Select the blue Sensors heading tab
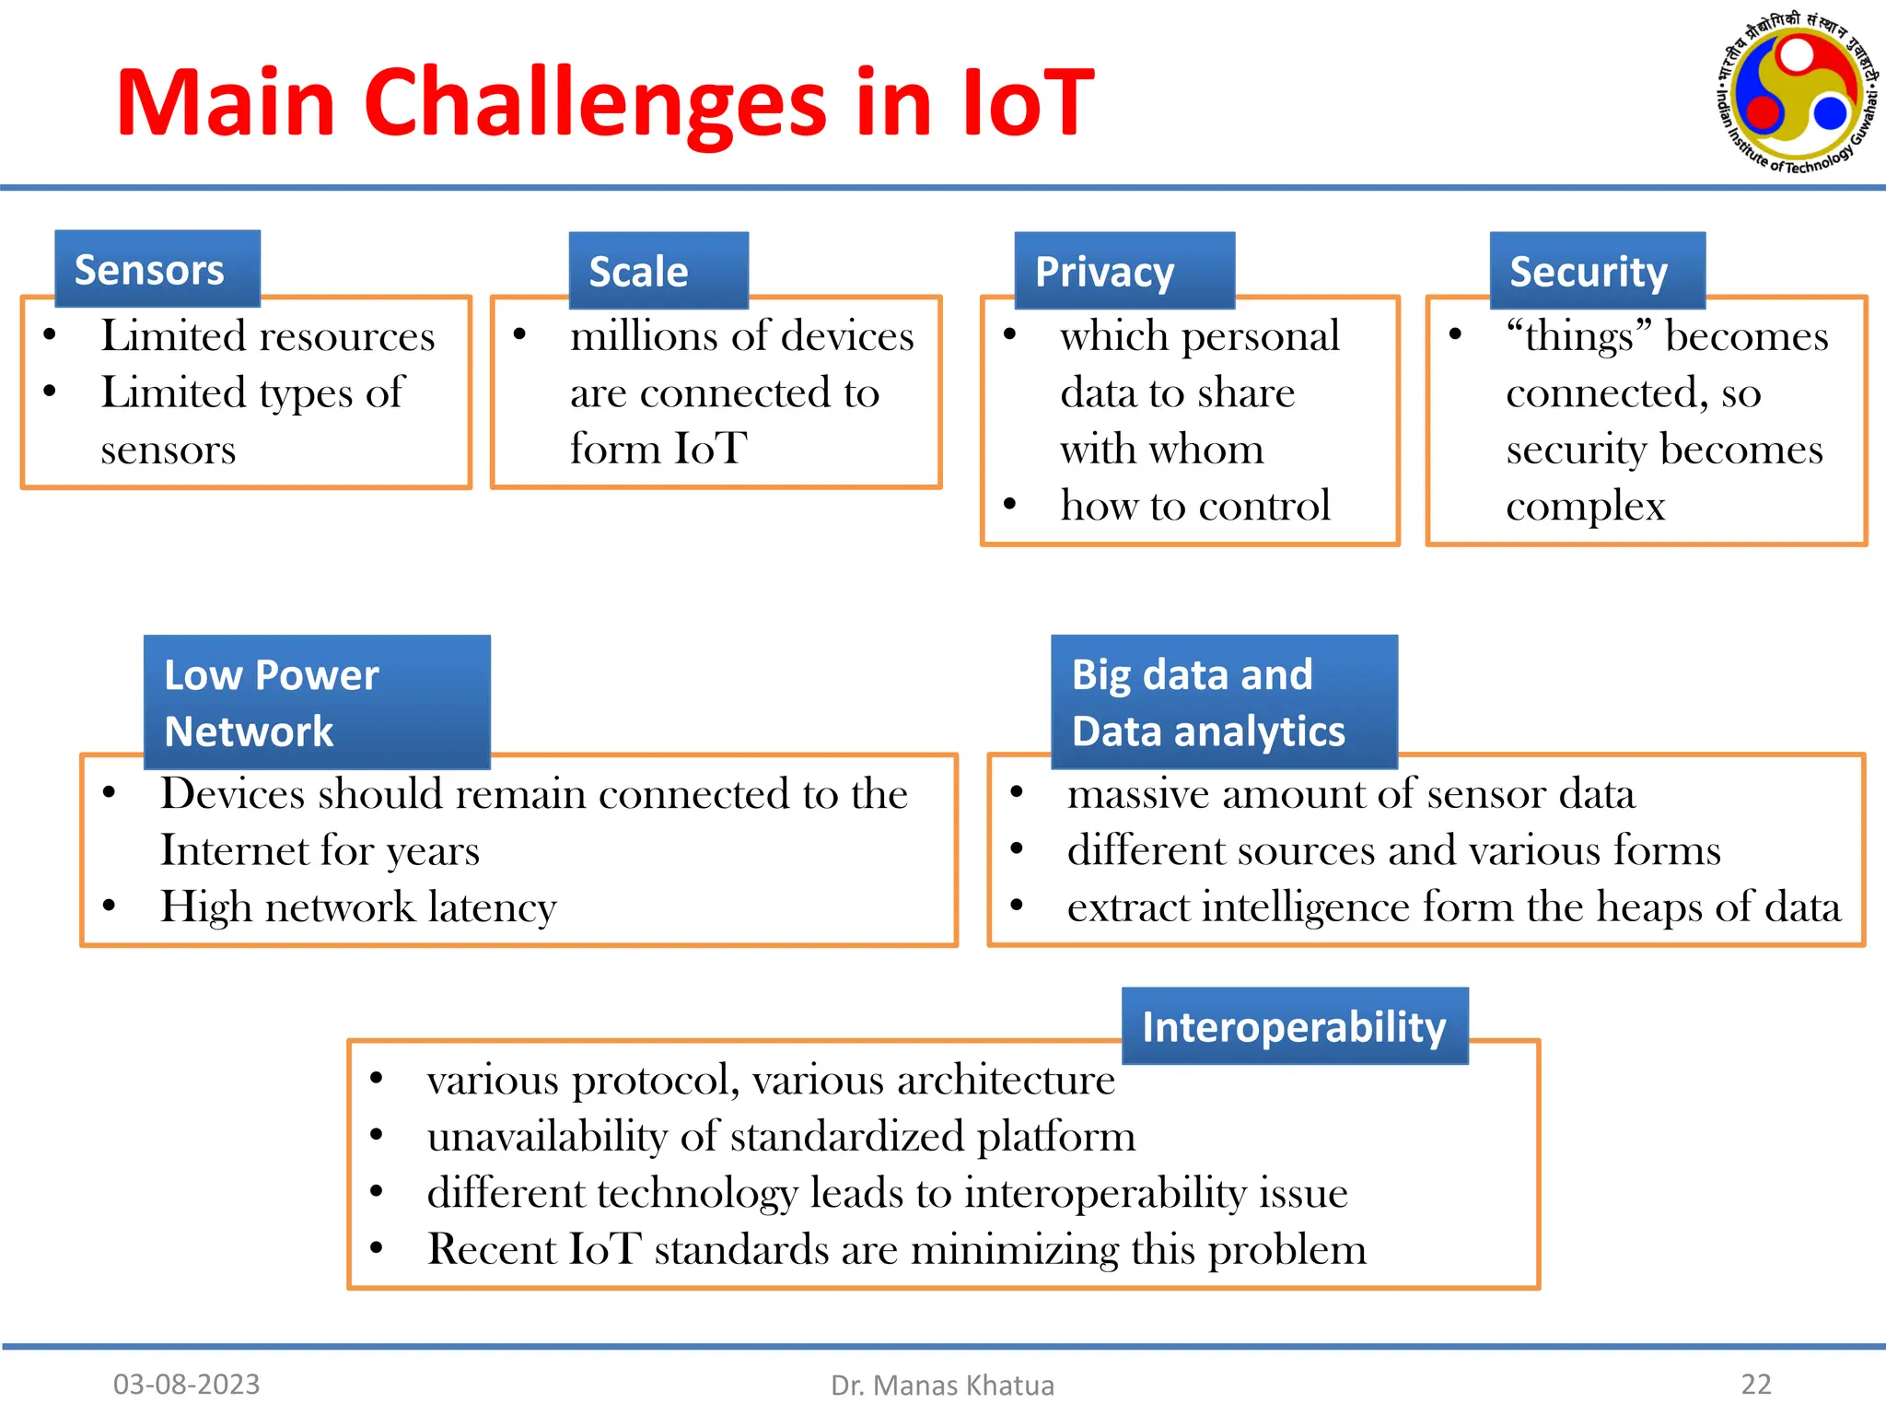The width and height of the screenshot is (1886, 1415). pyautogui.click(x=157, y=269)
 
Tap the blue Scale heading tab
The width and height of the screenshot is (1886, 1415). pyautogui.click(x=658, y=271)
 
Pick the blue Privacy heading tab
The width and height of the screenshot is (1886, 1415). pyautogui.click(x=1123, y=271)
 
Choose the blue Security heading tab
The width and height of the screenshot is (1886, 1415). pyautogui.click(x=1597, y=271)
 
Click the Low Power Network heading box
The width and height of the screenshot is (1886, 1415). pyautogui.click(x=317, y=702)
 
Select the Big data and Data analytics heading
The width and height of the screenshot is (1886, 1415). pyautogui.click(x=1223, y=702)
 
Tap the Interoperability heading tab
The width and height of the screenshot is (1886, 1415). pyautogui.click(x=1294, y=1026)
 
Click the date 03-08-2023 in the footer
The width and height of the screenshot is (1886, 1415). pyautogui.click(x=186, y=1384)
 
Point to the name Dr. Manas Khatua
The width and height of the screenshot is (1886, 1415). pyautogui.click(x=942, y=1385)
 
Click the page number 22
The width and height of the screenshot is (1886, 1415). pyautogui.click(x=1755, y=1384)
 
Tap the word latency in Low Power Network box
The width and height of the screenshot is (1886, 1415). pyautogui.click(x=492, y=907)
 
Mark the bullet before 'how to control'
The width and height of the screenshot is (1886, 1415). pyautogui.click(x=1010, y=504)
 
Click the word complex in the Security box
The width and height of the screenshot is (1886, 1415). pyautogui.click(x=1585, y=507)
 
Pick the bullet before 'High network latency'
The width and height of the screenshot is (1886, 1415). pyautogui.click(x=110, y=906)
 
